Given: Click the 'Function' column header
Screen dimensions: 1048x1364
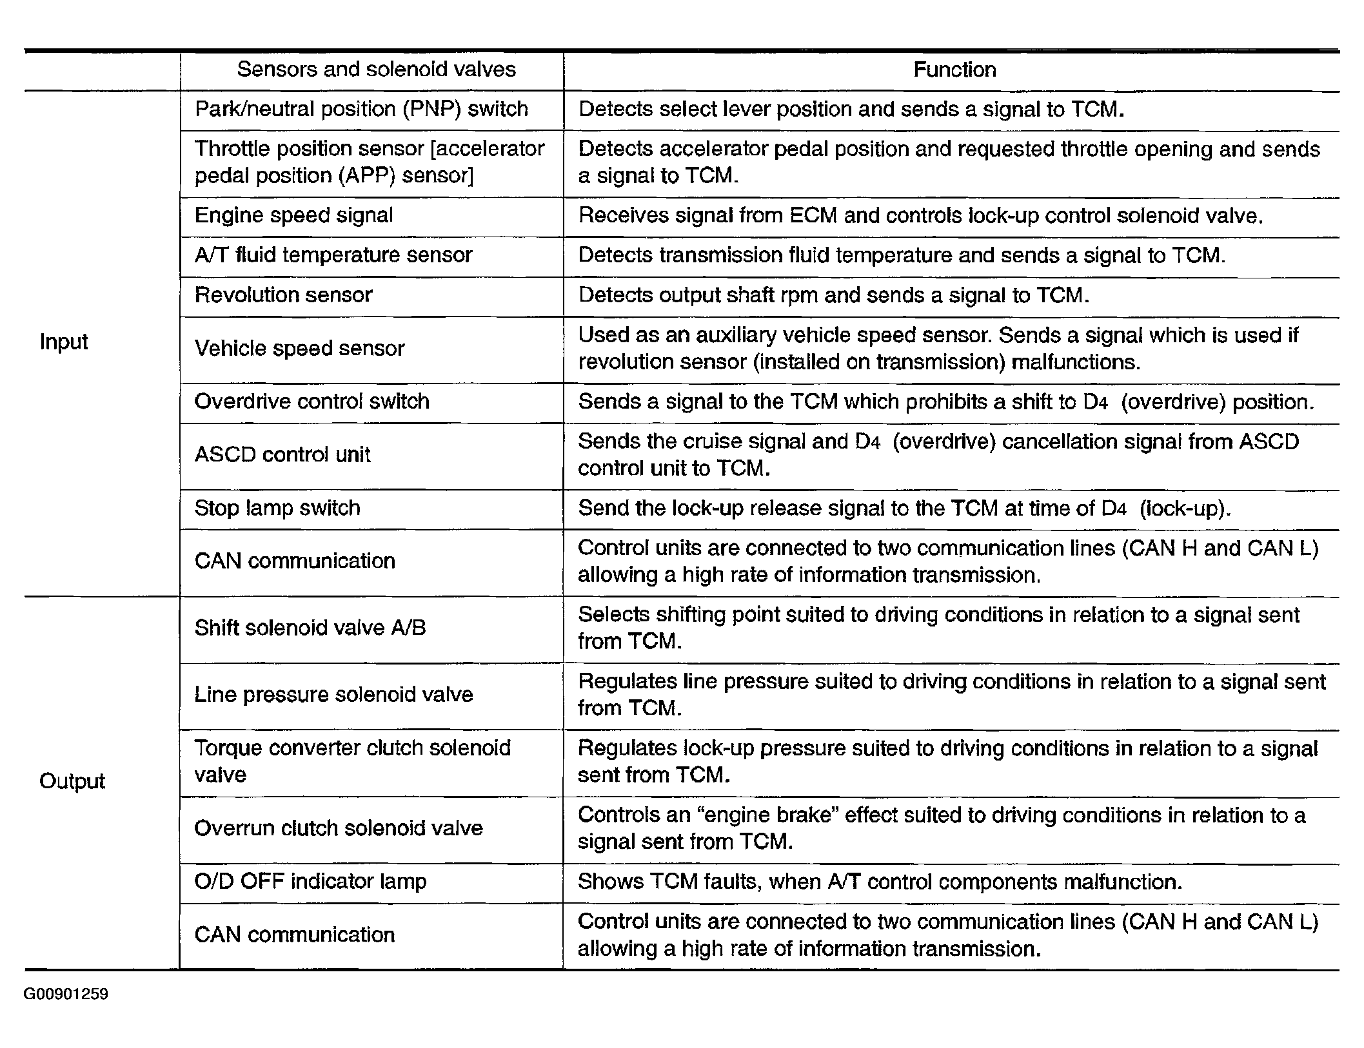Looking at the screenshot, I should click(954, 70).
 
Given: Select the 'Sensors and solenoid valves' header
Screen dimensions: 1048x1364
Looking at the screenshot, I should click(376, 70).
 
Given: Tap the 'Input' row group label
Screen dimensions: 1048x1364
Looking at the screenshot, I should click(63, 342).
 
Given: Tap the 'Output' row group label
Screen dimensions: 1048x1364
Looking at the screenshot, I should click(72, 781).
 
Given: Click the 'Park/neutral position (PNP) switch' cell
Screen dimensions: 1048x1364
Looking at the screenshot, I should click(361, 109).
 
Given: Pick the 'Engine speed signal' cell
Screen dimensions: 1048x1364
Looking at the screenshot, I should click(293, 215).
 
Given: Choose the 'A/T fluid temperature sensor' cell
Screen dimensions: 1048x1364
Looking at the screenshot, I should click(333, 255).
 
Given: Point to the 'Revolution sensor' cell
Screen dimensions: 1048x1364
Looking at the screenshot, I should click(283, 295).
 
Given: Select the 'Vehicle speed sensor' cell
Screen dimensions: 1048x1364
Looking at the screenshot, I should click(299, 349).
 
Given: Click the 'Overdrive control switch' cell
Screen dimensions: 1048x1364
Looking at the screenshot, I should click(311, 402).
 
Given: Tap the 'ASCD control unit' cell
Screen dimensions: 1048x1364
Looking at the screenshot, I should click(282, 455).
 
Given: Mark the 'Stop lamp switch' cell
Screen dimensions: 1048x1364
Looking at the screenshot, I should click(277, 508).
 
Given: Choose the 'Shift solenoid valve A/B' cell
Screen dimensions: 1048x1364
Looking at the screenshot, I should click(310, 628).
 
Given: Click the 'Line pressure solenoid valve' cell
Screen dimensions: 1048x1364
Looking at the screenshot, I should click(333, 695).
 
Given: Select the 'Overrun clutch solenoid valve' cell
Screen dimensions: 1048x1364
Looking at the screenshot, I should click(338, 828).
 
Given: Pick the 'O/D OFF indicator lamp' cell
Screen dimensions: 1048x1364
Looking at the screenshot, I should click(310, 881).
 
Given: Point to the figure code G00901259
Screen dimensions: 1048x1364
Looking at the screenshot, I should click(66, 995).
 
